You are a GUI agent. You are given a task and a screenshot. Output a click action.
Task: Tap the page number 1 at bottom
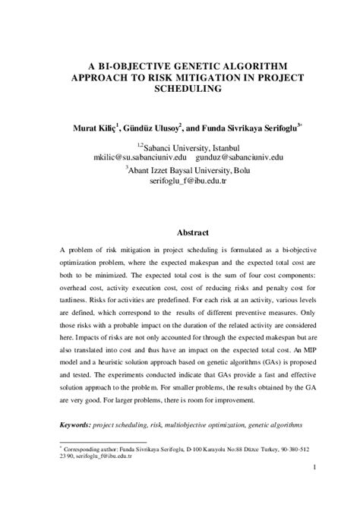tap(314, 477)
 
